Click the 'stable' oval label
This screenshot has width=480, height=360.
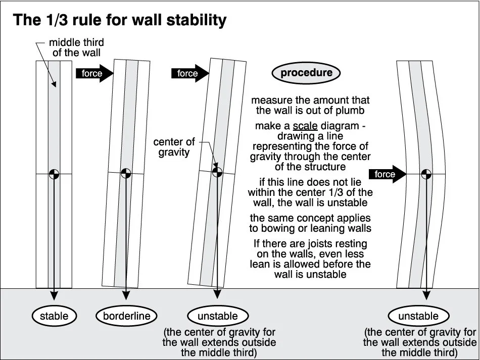54,317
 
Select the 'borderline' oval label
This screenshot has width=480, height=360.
124,317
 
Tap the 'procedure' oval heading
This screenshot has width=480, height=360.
306,73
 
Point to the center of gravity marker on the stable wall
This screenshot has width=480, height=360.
54,174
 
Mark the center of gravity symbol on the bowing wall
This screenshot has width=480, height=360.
426,174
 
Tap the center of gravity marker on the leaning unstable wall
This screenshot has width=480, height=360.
217,172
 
